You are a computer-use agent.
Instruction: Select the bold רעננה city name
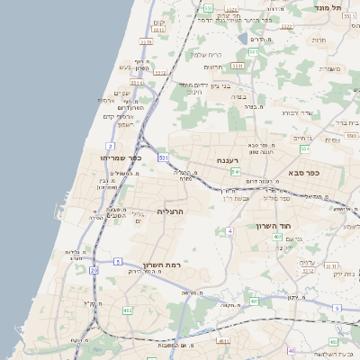pyautogui.click(x=229, y=160)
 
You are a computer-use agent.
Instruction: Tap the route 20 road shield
pyautogui.click(x=94, y=270)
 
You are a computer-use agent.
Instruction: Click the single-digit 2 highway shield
pyautogui.click(x=110, y=145)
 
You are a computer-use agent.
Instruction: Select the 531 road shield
pyautogui.click(x=164, y=157)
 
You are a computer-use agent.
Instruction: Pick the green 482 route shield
pyautogui.click(x=127, y=310)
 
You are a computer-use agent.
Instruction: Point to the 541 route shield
pyautogui.click(x=235, y=171)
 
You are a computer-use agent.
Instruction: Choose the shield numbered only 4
pyautogui.click(x=229, y=231)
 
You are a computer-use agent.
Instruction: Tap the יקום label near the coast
pyautogui.click(x=159, y=22)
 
